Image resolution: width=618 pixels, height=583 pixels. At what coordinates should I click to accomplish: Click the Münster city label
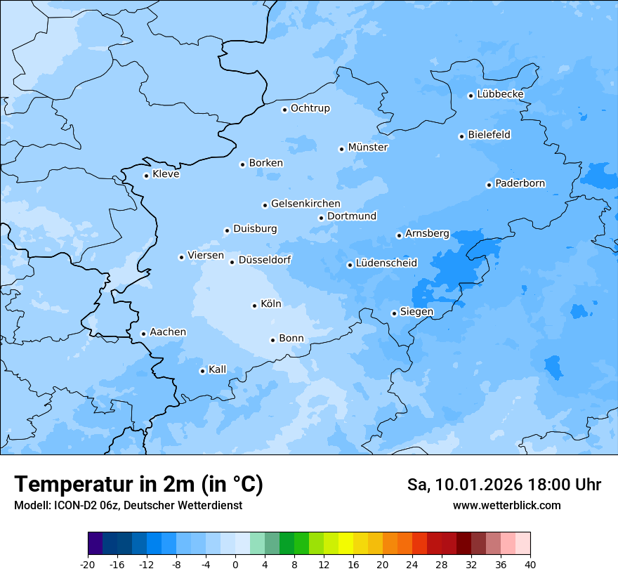(368, 148)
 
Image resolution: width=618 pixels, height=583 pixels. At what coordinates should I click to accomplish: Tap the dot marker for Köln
(254, 306)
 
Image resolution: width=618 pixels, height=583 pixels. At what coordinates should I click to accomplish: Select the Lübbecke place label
(500, 94)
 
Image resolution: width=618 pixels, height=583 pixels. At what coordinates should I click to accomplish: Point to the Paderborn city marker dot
(489, 185)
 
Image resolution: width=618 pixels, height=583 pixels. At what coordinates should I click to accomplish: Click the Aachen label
(168, 332)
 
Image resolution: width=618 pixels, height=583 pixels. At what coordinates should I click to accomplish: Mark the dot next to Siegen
(394, 313)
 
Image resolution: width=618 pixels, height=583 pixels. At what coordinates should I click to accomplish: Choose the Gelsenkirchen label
(305, 204)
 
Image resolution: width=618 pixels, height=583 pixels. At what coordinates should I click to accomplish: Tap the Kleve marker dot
(146, 176)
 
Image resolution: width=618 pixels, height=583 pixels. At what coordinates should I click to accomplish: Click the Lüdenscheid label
(386, 263)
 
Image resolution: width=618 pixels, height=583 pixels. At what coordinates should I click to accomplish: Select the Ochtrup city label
(310, 108)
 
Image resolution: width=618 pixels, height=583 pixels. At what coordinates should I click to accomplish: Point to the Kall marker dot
(202, 371)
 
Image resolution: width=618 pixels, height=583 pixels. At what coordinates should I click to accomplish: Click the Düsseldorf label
(265, 261)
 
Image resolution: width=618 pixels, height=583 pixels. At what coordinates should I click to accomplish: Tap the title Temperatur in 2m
(138, 485)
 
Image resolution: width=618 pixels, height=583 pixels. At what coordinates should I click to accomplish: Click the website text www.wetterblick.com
(506, 506)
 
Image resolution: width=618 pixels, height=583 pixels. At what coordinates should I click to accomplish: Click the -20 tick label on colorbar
(88, 565)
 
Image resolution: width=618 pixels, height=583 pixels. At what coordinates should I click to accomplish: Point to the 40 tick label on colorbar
(530, 565)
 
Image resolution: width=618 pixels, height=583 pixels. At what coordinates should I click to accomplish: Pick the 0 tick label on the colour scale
(235, 565)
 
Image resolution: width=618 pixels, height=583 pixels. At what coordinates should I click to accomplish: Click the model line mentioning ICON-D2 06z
(128, 506)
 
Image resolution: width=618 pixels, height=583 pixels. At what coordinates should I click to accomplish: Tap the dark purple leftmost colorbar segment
(95, 544)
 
